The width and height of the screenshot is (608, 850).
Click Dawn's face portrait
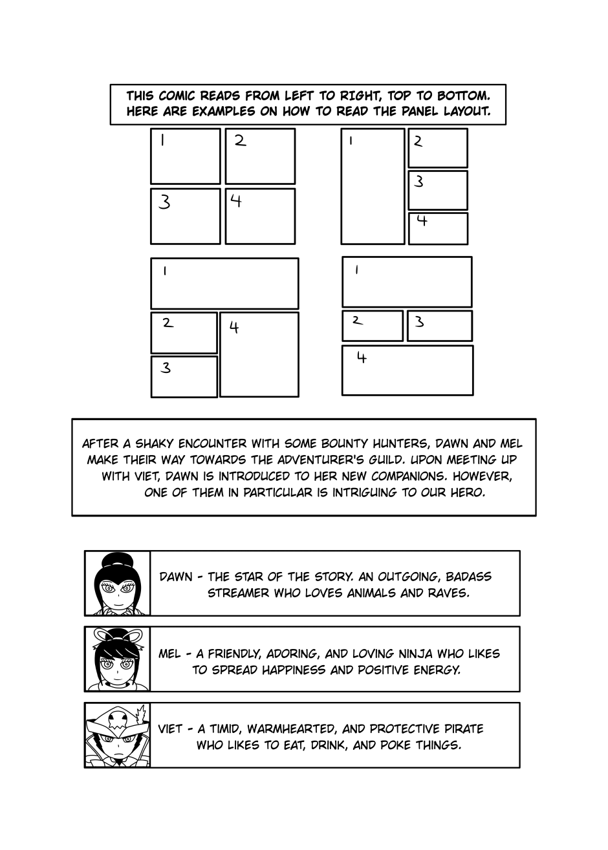(117, 584)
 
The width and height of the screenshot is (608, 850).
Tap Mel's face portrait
(117, 659)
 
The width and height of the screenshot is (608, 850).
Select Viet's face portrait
(117, 736)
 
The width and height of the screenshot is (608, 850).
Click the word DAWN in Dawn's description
(176, 577)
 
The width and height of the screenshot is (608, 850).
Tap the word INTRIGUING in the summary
(371, 492)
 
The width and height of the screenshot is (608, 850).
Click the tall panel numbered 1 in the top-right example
(373, 186)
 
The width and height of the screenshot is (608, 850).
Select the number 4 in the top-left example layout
(236, 201)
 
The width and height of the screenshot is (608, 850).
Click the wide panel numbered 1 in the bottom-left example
(224, 283)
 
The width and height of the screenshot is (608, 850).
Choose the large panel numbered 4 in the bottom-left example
(259, 354)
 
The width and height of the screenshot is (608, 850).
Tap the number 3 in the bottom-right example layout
(419, 321)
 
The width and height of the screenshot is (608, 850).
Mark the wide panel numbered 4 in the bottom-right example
(407, 370)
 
